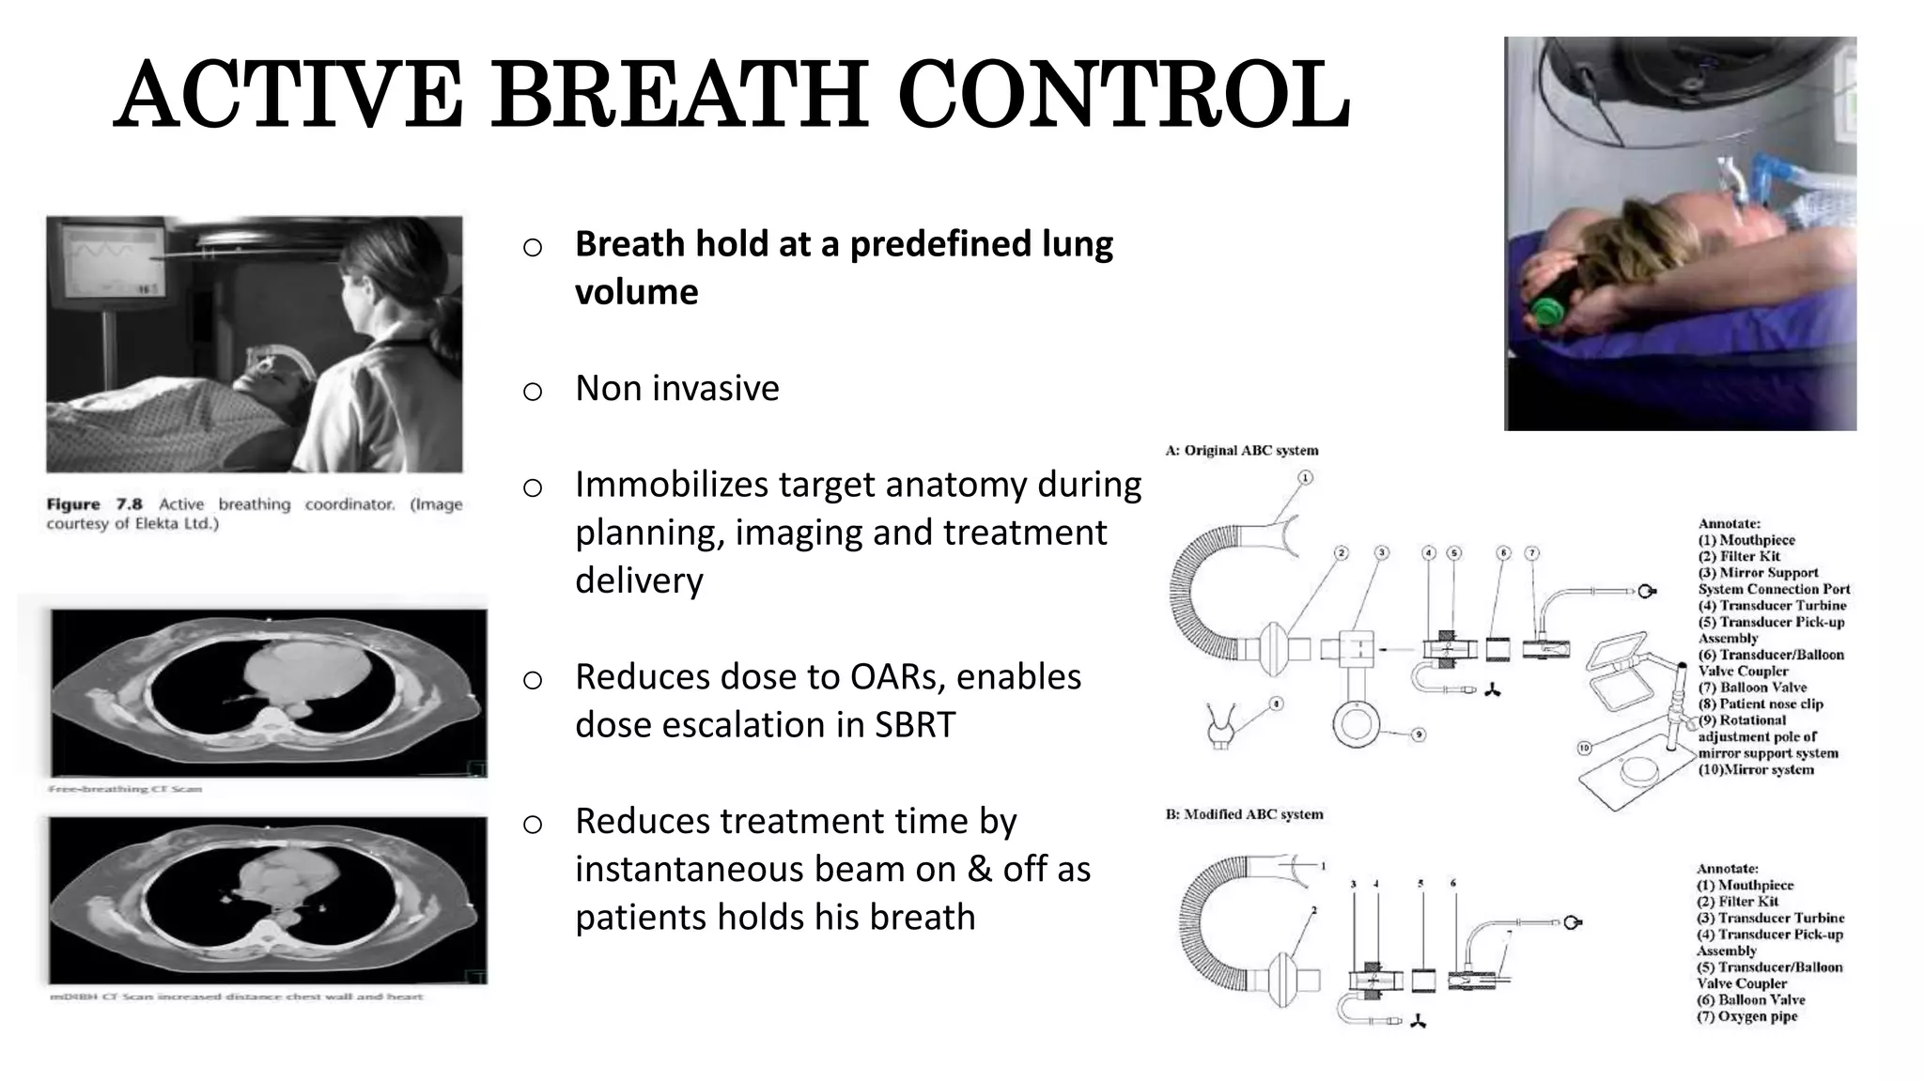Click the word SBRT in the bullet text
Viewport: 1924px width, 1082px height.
[x=914, y=725]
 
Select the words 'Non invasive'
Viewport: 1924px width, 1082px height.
[x=676, y=388]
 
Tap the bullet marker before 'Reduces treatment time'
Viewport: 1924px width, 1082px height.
[x=533, y=825]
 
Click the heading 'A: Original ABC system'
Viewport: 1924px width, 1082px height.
[x=1241, y=451]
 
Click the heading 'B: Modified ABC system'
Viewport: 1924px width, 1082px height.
[x=1243, y=814]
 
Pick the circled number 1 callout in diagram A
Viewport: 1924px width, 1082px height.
[x=1305, y=478]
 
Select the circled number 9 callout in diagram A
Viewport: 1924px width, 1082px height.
[x=1419, y=734]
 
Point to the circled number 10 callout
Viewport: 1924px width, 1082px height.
[x=1583, y=749]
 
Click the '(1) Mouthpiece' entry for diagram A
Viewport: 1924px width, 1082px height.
[x=1746, y=540]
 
